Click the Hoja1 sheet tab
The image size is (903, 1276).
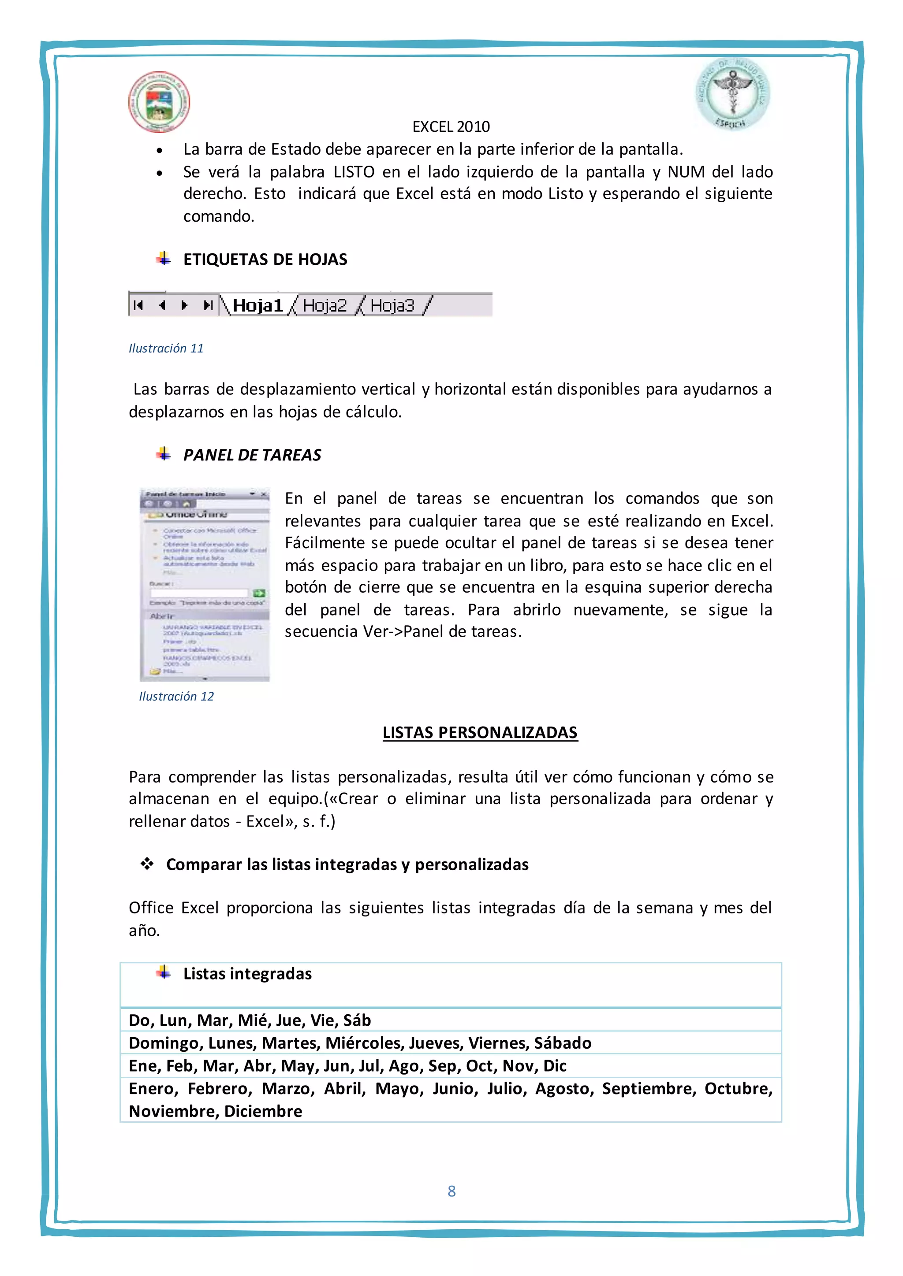(257, 305)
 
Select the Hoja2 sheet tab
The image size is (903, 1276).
(325, 305)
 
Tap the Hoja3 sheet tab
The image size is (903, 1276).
(392, 305)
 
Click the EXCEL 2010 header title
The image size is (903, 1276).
(451, 127)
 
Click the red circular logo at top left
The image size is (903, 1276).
(159, 102)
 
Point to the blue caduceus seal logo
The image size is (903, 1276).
(733, 94)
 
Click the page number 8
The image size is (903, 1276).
(451, 1191)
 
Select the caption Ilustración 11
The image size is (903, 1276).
(166, 349)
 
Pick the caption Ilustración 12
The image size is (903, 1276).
(176, 696)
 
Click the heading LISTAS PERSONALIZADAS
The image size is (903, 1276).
(480, 732)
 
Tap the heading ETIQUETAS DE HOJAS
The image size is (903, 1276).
(265, 260)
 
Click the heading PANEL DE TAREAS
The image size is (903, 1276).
(252, 455)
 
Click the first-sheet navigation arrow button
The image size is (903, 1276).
(139, 305)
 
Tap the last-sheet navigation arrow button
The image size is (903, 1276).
(208, 305)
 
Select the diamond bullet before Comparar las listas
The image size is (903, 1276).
(147, 864)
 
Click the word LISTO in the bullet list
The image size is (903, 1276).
(354, 172)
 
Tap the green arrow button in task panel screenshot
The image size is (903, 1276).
(258, 593)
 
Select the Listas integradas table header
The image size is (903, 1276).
(247, 974)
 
